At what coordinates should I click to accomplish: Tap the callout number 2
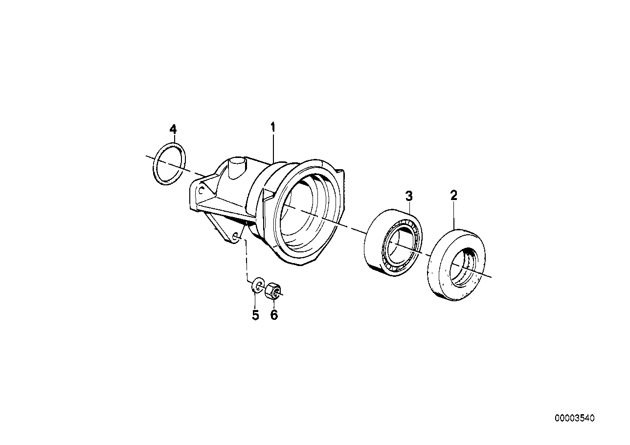pyautogui.click(x=453, y=196)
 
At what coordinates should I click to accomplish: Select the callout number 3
pyautogui.click(x=409, y=197)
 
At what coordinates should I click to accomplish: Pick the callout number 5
pyautogui.click(x=255, y=315)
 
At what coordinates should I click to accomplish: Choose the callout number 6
pyautogui.click(x=274, y=315)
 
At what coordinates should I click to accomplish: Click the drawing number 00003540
pyautogui.click(x=574, y=419)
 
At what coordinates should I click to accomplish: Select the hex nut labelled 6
pyautogui.click(x=272, y=292)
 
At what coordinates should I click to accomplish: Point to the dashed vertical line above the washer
pyautogui.click(x=246, y=259)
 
